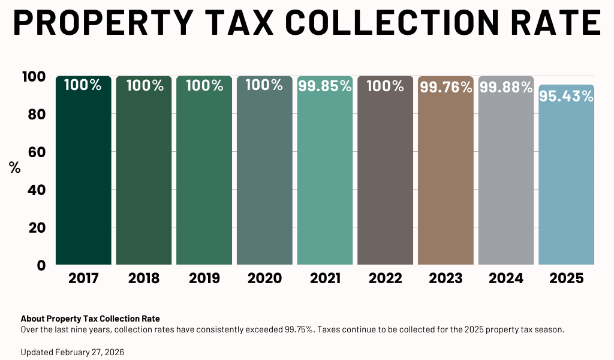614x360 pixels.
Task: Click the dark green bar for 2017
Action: (x=83, y=174)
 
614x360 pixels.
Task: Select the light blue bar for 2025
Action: (x=566, y=180)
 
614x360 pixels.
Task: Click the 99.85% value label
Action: (x=324, y=86)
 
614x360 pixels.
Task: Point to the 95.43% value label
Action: (x=566, y=95)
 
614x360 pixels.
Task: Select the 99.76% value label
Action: (x=446, y=88)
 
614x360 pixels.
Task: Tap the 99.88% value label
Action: (x=506, y=88)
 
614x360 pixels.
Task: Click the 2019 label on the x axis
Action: (x=204, y=278)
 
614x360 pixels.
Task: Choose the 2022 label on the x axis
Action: (x=385, y=278)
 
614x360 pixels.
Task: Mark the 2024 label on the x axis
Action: (x=506, y=278)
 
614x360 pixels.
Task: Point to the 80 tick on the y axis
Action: (x=34, y=114)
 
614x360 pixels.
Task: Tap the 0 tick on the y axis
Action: (x=41, y=265)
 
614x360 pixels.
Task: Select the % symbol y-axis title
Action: (x=15, y=168)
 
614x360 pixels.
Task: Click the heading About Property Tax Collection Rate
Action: (x=90, y=319)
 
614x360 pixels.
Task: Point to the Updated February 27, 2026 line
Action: (x=72, y=352)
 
